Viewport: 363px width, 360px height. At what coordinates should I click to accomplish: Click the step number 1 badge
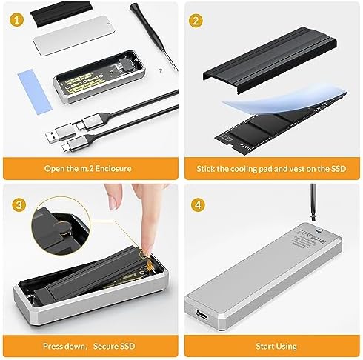point(17,20)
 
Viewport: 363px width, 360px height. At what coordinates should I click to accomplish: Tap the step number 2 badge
point(196,21)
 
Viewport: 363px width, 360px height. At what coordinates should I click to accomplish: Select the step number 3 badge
point(19,205)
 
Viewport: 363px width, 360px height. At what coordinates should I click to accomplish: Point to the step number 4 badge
point(198,205)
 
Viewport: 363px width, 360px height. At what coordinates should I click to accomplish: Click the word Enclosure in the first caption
point(113,169)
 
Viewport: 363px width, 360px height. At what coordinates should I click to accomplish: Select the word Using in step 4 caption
point(287,347)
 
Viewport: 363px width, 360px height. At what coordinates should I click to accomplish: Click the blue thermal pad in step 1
point(35,92)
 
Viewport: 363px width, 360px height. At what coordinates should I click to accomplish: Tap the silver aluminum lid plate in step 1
point(74,35)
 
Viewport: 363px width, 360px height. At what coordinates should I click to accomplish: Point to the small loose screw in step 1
point(161,70)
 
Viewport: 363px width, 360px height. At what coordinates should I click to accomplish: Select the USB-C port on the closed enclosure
point(202,314)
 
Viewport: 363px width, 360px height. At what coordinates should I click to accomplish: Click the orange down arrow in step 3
point(149,265)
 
